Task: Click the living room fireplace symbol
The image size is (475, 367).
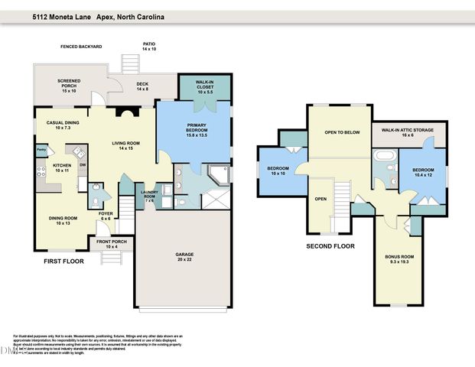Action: click(122, 112)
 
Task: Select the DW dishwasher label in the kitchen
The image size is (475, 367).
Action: click(82, 165)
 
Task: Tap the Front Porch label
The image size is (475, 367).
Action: click(106, 244)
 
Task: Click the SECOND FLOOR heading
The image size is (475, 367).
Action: click(330, 246)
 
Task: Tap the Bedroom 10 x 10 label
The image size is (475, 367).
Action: click(277, 171)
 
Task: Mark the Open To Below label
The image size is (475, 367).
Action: click(342, 132)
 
